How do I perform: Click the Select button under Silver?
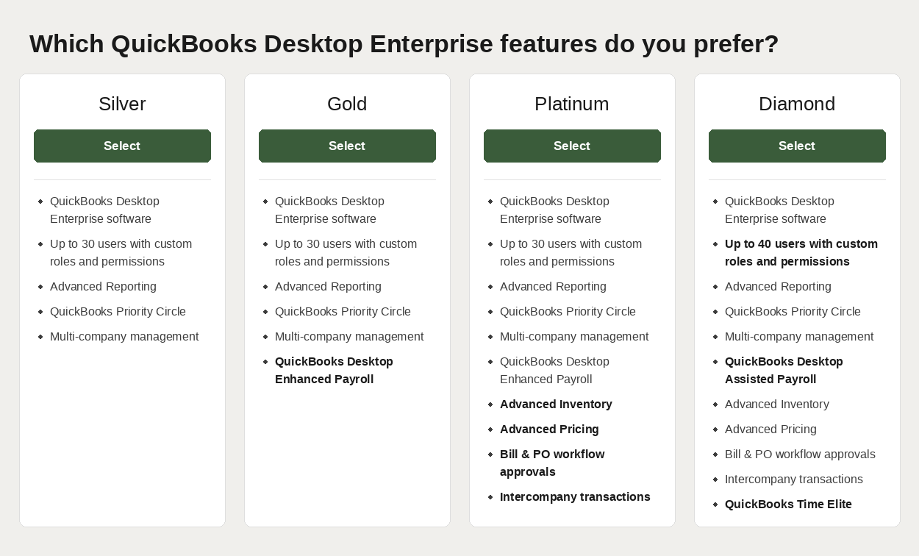122,146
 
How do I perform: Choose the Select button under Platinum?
572,146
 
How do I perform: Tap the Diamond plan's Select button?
797,146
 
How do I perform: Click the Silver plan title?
122,104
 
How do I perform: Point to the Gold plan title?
347,104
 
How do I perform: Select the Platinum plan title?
572,104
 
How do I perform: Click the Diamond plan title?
797,104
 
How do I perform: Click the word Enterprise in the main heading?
431,44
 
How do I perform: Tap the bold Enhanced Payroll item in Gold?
334,370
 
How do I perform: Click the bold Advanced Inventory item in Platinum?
556,404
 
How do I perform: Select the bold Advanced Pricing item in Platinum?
549,430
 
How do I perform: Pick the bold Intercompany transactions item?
575,497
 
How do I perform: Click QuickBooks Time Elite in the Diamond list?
788,505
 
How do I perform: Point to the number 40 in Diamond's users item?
765,243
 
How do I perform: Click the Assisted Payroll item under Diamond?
784,370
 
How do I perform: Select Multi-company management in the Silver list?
124,337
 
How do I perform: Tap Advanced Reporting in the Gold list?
328,286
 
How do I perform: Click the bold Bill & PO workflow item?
552,463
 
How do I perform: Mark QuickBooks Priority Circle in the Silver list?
118,311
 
